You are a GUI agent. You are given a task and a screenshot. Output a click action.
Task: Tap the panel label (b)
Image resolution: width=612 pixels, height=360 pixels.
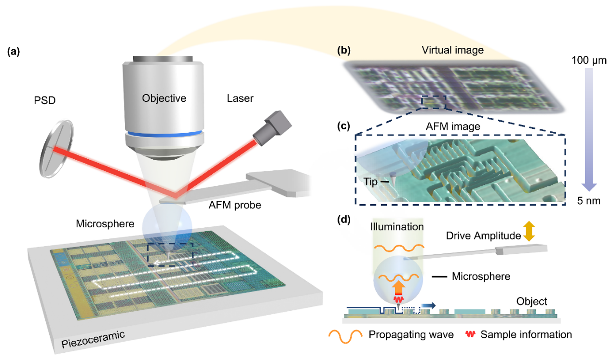point(344,50)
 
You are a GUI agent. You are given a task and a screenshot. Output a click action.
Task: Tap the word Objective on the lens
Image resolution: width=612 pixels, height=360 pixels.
point(164,98)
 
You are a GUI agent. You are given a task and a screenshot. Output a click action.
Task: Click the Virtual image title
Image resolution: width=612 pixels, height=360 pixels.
point(452,50)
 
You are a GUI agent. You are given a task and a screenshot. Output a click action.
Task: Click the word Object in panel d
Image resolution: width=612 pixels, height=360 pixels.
point(531,302)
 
